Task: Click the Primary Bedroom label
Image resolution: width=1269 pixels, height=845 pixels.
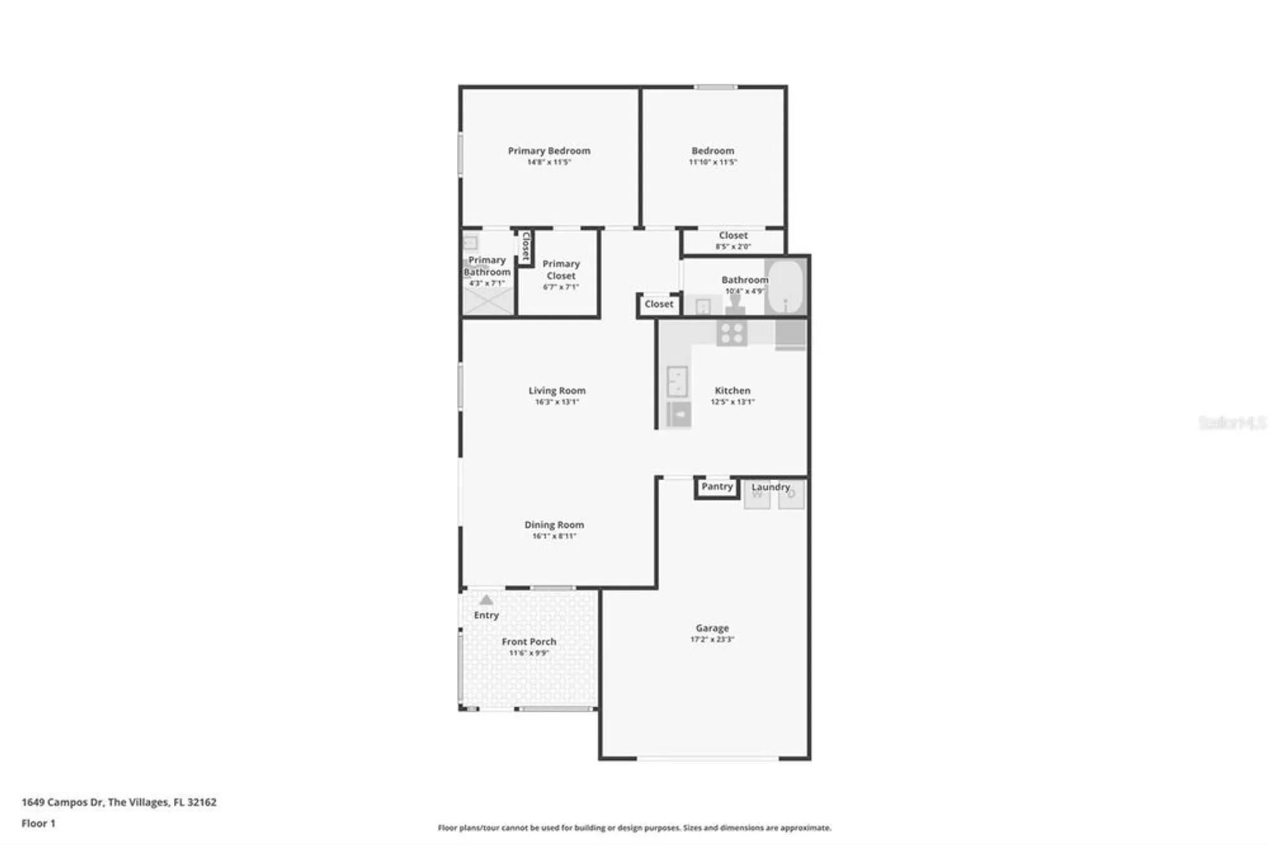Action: [x=549, y=151]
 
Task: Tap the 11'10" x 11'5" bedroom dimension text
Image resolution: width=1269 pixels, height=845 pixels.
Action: [x=713, y=162]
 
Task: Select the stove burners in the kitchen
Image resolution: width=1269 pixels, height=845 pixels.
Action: [x=732, y=333]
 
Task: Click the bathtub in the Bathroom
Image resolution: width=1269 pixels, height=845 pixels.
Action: [x=786, y=287]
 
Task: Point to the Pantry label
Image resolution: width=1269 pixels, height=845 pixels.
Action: [x=717, y=487]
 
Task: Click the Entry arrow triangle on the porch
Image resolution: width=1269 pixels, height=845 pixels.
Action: [x=486, y=600]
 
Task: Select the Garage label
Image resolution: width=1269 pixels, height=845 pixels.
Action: [x=712, y=628]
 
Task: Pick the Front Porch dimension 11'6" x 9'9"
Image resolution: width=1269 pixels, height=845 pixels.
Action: [x=529, y=653]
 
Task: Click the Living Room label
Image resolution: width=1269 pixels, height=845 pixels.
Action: [x=556, y=391]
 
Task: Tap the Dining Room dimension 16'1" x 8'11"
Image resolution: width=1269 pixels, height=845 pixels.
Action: [x=554, y=536]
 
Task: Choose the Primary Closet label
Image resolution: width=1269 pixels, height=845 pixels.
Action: [x=561, y=270]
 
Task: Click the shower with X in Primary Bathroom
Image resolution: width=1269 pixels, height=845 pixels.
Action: [x=488, y=301]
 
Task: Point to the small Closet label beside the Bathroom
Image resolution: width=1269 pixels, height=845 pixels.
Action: [x=659, y=305]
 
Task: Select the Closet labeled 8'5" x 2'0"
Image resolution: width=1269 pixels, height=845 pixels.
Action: [x=733, y=236]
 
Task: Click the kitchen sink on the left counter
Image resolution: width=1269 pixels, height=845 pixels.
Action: [x=677, y=381]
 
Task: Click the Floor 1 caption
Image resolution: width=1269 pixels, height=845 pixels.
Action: [x=38, y=823]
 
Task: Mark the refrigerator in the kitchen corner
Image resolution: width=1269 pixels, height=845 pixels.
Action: [x=790, y=334]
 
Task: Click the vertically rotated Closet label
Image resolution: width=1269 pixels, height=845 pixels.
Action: [x=525, y=247]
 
